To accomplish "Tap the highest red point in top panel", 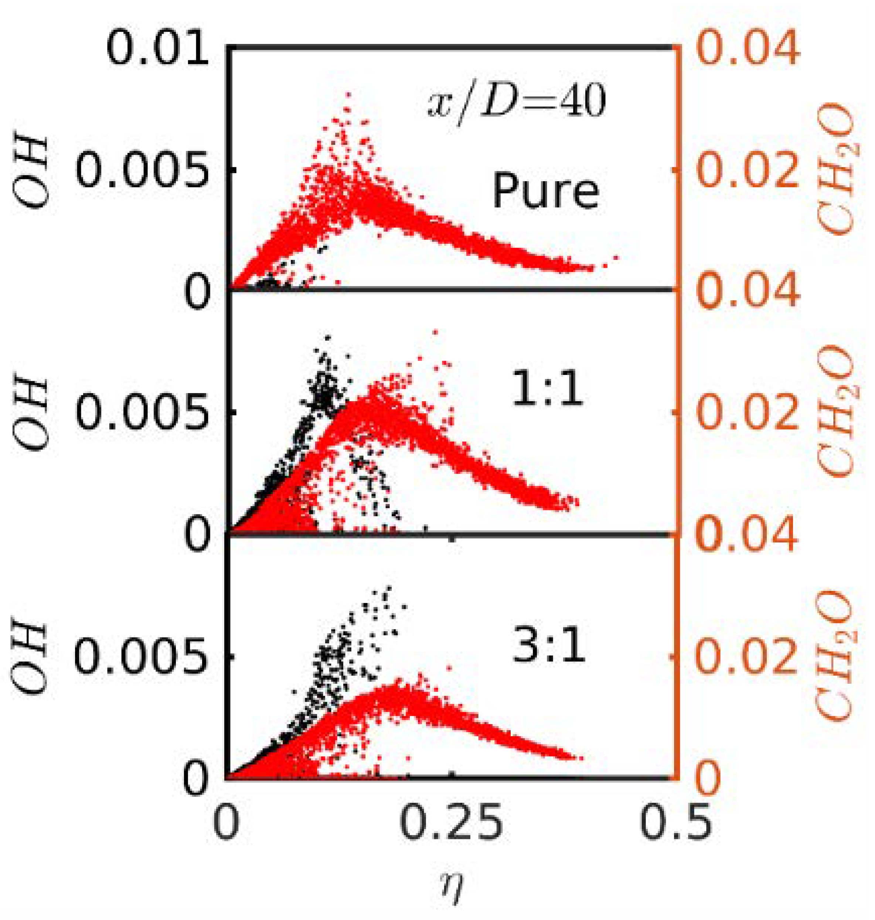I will coord(348,94).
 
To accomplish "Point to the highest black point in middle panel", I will coord(328,337).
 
